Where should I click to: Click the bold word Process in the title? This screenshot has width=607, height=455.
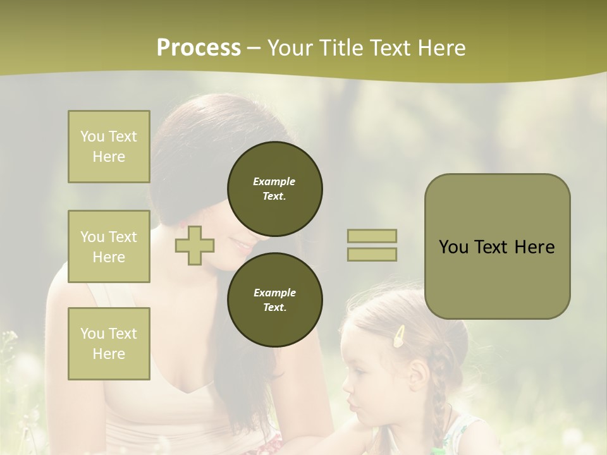coord(199,48)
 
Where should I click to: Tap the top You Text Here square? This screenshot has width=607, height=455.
coord(109,147)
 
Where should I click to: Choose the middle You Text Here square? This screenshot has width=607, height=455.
coord(109,246)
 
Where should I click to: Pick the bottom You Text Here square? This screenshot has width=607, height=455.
coord(109,344)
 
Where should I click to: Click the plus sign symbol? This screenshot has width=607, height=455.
coord(195,245)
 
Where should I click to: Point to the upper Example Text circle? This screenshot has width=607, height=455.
coord(275,189)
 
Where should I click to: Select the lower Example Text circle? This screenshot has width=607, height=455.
coord(275,300)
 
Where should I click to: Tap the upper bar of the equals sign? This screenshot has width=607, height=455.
coord(372,236)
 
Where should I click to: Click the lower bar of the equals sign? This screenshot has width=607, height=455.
coord(372,254)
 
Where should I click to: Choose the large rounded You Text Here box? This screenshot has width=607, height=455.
coord(497,246)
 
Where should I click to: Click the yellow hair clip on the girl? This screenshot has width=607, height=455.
coord(399,337)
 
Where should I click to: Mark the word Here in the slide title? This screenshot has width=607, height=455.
coord(442,48)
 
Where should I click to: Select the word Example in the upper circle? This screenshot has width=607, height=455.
coord(274,181)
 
